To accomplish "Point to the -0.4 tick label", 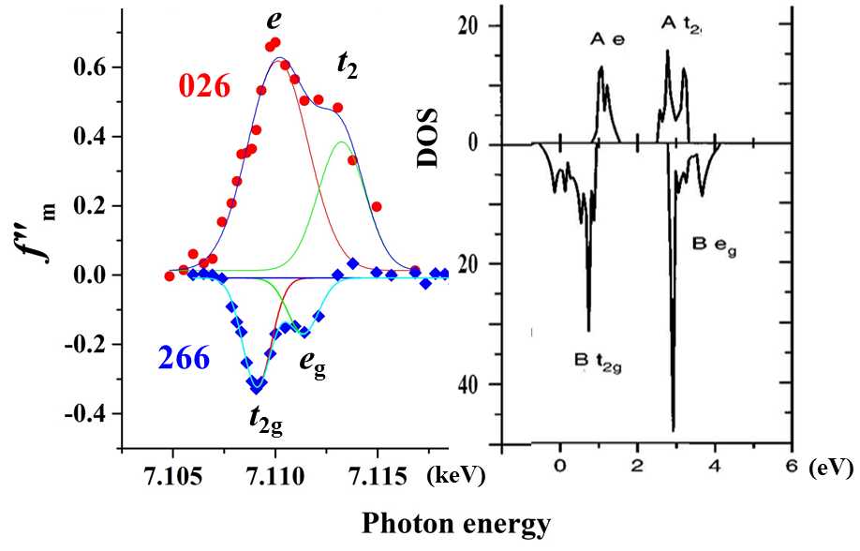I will click(90, 413).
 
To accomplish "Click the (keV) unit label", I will click(452, 474).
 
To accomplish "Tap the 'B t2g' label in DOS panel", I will click(599, 358).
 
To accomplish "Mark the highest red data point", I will click(274, 42).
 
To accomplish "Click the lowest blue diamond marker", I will click(257, 384).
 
